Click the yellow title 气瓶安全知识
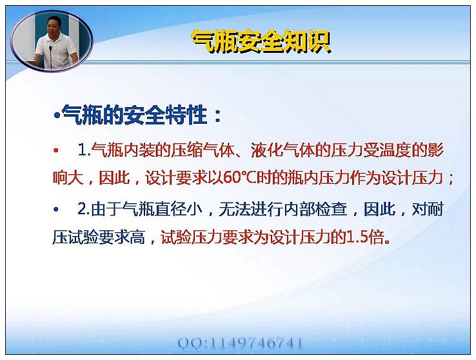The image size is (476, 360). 261,41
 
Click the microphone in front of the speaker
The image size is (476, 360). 50,57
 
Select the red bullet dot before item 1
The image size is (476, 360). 56,150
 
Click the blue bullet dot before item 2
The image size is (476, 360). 56,209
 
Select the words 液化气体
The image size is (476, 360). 283,150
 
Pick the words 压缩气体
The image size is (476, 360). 203,150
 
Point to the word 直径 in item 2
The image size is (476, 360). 171,209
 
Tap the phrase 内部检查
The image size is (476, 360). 315,209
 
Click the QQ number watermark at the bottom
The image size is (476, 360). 240,343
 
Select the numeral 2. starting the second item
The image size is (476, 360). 83,209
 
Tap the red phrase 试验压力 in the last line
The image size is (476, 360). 192,237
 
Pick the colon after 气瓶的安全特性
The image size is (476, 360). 217,116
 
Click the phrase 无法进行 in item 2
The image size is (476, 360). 250,209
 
